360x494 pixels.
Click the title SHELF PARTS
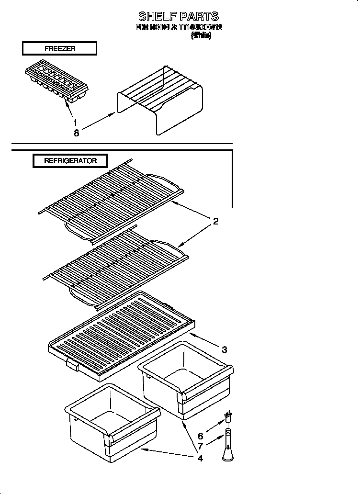[x=179, y=16]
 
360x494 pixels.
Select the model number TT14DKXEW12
[x=200, y=27]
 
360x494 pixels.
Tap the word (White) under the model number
[x=201, y=35]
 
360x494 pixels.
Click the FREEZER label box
[x=59, y=48]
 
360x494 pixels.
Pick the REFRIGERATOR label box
[x=70, y=161]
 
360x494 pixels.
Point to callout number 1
[x=75, y=123]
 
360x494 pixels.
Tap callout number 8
[x=76, y=133]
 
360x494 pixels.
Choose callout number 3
[x=224, y=349]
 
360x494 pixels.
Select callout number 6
[x=200, y=436]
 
